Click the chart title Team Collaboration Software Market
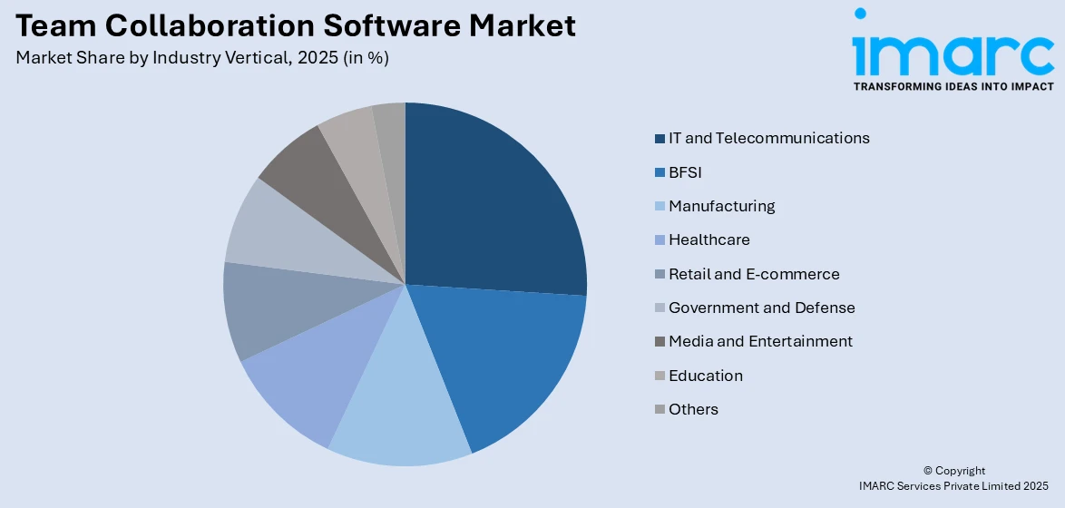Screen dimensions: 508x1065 point(295,25)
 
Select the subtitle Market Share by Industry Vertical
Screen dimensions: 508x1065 point(202,57)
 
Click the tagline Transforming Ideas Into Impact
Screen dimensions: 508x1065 point(953,86)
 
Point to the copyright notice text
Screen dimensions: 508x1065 point(953,479)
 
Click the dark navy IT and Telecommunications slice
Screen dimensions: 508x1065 point(490,209)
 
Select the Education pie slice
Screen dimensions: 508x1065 point(354,145)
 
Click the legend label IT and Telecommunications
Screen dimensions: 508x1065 point(768,139)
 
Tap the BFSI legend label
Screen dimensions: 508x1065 point(685,172)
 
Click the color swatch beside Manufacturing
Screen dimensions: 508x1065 point(660,207)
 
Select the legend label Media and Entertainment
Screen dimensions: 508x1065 point(760,341)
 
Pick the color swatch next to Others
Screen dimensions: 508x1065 point(660,410)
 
